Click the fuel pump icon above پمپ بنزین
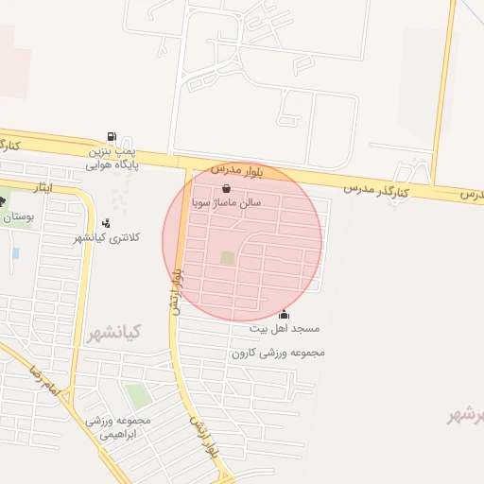pos(113,136)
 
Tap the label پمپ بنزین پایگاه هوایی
pos(112,157)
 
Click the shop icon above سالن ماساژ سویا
pos(225,188)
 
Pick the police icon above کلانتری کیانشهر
pos(105,223)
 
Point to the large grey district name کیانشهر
pos(113,333)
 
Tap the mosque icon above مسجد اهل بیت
pos(285,315)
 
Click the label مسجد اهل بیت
pos(285,329)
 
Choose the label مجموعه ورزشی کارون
pos(278,353)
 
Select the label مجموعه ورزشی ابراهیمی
pos(112,426)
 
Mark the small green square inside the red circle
pos(227,257)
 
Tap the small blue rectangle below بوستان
pos(16,253)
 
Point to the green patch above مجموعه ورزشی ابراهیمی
pos(137,396)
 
